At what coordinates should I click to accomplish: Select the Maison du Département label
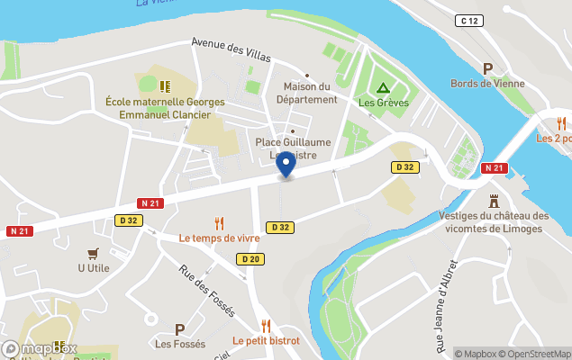coord(306,93)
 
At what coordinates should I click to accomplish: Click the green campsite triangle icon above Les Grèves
coord(383,88)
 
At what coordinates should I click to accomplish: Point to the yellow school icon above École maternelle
coord(165,86)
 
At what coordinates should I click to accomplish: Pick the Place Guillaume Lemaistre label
coord(293,148)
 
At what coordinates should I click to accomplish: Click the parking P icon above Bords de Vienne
coord(488,68)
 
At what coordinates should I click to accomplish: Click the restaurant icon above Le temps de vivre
coord(219,223)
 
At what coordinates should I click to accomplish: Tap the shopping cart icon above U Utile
coord(93,253)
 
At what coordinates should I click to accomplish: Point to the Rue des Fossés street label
coord(206,290)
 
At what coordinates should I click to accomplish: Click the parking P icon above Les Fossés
coord(179,329)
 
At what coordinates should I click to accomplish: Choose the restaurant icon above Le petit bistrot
coord(266,326)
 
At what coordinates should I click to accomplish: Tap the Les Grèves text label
coord(384,103)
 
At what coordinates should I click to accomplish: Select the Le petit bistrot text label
coord(266,341)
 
